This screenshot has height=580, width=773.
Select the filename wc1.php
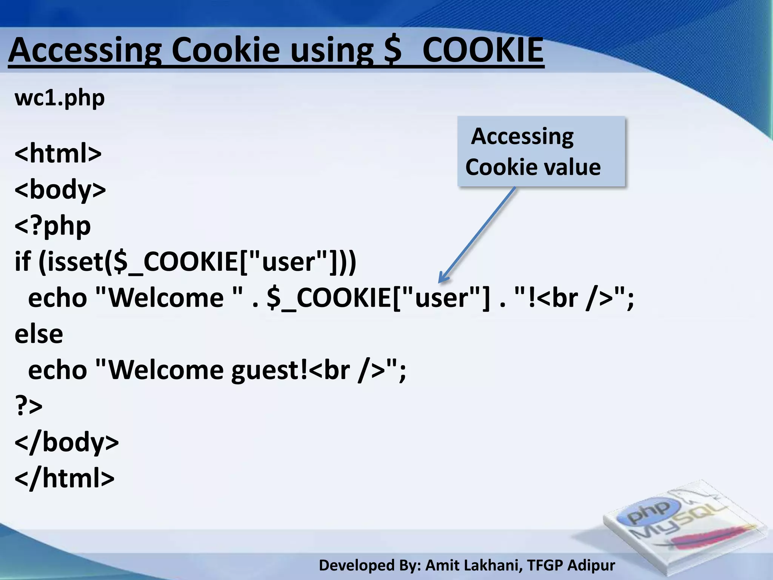click(60, 98)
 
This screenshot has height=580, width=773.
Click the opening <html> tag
click(58, 153)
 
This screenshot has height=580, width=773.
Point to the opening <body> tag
click(60, 190)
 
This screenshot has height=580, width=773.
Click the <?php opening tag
click(52, 226)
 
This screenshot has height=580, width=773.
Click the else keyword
click(38, 334)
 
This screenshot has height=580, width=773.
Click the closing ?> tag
click(28, 406)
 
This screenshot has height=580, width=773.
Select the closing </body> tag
click(66, 442)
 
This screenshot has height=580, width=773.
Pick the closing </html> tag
click(64, 478)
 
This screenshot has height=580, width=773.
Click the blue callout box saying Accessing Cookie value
click(541, 151)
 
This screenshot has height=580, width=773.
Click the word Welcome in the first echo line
click(166, 298)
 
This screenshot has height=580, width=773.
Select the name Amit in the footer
click(440, 565)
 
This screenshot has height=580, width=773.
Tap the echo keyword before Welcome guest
click(57, 370)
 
